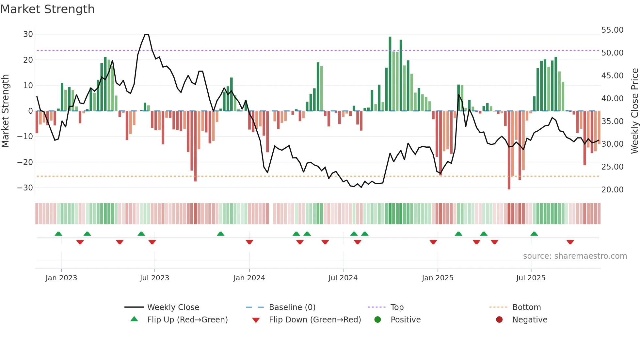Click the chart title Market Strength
click(48, 9)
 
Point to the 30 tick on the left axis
click(28, 34)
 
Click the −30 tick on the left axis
click(25, 188)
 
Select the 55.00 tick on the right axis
click(612, 30)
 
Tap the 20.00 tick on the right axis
click(612, 190)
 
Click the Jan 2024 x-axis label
click(249, 278)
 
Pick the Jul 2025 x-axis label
click(531, 278)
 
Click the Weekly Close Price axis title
click(634, 111)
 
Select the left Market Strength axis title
click(6, 111)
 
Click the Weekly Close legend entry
click(173, 307)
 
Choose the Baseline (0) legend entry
click(292, 307)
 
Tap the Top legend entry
click(397, 307)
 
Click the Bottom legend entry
click(526, 307)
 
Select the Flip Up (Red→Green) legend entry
click(187, 320)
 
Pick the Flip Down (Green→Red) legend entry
click(315, 320)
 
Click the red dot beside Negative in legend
click(499, 320)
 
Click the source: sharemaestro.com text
click(575, 256)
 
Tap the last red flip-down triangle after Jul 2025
click(570, 242)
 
